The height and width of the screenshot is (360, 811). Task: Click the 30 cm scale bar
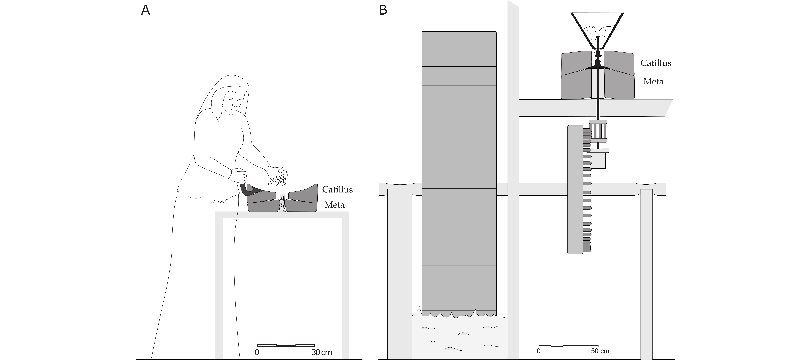286,345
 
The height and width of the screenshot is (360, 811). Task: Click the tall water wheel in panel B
459,173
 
